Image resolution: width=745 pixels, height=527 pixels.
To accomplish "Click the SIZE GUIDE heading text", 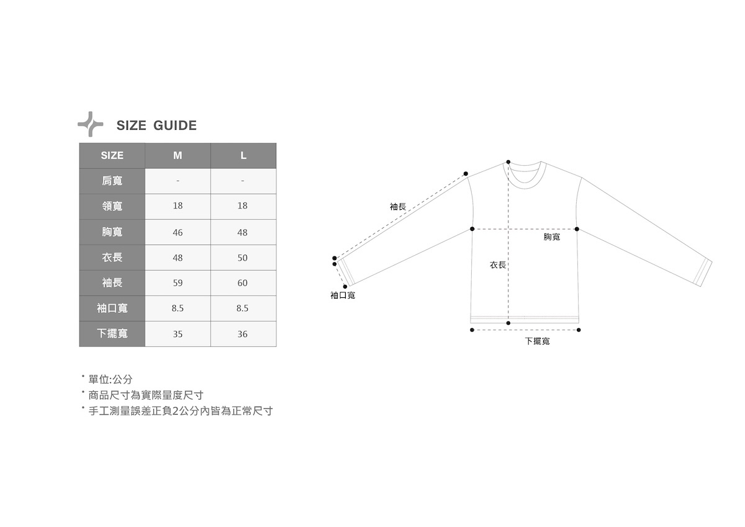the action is click(x=156, y=125).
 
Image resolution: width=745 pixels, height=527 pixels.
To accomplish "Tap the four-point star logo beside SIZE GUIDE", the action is click(x=91, y=124).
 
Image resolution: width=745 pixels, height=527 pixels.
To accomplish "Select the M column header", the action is click(x=178, y=155).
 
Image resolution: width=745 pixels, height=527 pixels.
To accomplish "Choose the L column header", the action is click(x=243, y=155).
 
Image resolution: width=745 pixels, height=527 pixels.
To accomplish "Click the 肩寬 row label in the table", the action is click(x=112, y=181).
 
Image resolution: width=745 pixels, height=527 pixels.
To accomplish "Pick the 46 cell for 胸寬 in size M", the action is click(x=178, y=232).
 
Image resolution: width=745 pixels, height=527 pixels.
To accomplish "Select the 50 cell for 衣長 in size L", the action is click(x=243, y=258).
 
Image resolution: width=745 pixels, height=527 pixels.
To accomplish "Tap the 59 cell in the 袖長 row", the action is click(x=178, y=283).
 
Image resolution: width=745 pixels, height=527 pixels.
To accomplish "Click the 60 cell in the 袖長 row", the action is click(x=243, y=283).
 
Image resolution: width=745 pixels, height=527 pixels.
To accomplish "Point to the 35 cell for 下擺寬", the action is click(x=178, y=334).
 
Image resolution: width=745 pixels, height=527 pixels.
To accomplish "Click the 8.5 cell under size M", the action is click(x=178, y=309).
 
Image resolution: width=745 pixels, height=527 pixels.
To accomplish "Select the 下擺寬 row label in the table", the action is click(x=112, y=334).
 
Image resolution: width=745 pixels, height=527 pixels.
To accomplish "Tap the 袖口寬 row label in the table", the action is click(x=112, y=309).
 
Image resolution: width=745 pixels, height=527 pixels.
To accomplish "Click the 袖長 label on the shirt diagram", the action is click(x=398, y=207).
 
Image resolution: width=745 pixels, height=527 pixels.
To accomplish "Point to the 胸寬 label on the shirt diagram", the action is click(x=552, y=237).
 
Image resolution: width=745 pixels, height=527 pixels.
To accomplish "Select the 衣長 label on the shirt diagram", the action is click(x=498, y=265).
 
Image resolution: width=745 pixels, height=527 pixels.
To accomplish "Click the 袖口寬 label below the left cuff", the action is click(x=343, y=295).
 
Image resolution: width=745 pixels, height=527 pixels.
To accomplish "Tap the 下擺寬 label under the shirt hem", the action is click(x=537, y=341).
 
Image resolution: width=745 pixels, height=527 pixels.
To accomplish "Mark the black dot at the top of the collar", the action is click(x=508, y=161).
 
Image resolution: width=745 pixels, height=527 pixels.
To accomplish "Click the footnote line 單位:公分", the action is click(x=110, y=379).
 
